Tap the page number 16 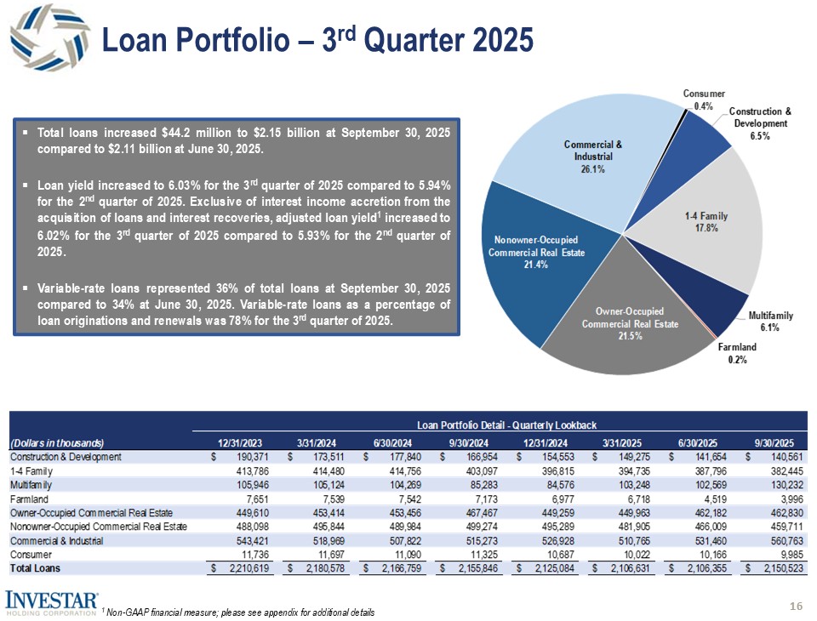coord(797,606)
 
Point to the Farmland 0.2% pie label coord(737,353)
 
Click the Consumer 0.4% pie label coord(703,99)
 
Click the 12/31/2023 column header coord(241,442)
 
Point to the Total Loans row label coord(37,567)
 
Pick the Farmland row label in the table coord(30,498)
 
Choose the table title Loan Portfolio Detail coord(507,424)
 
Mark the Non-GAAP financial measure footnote coord(239,612)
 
